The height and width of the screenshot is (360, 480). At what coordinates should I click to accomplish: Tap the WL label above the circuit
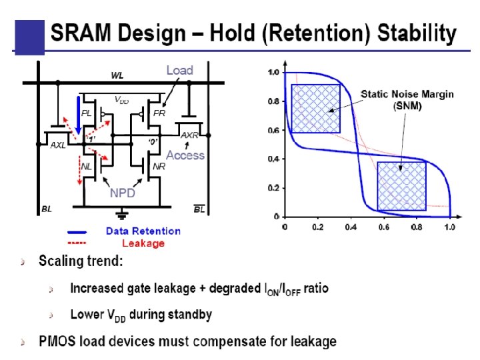(117, 75)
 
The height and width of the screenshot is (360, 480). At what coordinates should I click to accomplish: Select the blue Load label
(179, 70)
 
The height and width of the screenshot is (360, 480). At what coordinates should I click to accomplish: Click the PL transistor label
(86, 113)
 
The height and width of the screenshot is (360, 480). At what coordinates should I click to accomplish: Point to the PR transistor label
(159, 113)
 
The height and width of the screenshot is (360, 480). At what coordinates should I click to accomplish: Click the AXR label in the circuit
(190, 135)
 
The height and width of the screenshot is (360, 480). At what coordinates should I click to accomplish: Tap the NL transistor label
(87, 166)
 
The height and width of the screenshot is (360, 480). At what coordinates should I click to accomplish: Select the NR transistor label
(159, 166)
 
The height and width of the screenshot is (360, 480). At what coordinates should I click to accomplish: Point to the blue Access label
(185, 155)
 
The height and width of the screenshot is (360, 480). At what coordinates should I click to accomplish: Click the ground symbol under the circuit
(122, 215)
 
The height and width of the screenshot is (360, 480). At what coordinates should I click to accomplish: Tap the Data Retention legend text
(143, 231)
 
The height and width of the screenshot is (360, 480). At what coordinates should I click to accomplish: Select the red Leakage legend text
(143, 243)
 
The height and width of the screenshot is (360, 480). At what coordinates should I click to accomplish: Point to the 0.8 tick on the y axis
(273, 101)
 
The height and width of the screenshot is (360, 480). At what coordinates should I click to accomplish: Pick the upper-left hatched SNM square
(315, 108)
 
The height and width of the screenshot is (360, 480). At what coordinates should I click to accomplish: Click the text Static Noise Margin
(407, 95)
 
